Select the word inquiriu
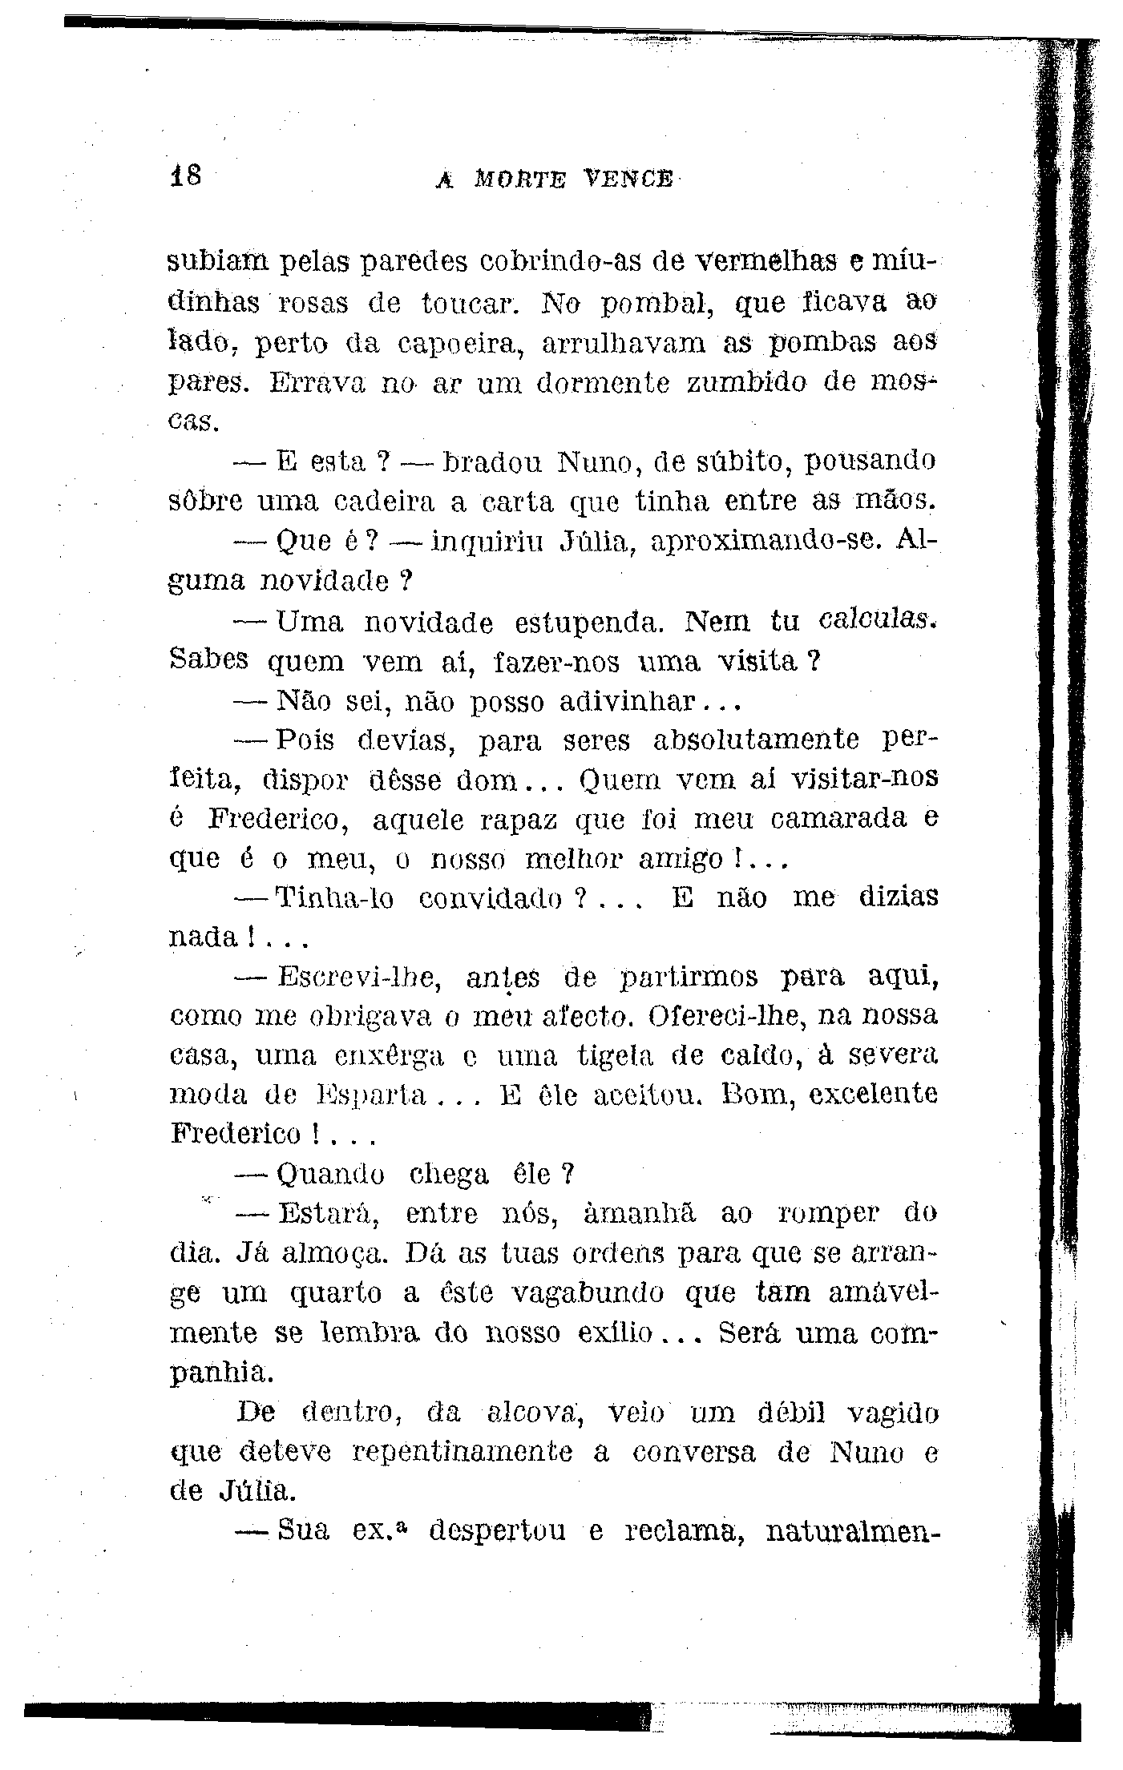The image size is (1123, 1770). (x=487, y=542)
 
